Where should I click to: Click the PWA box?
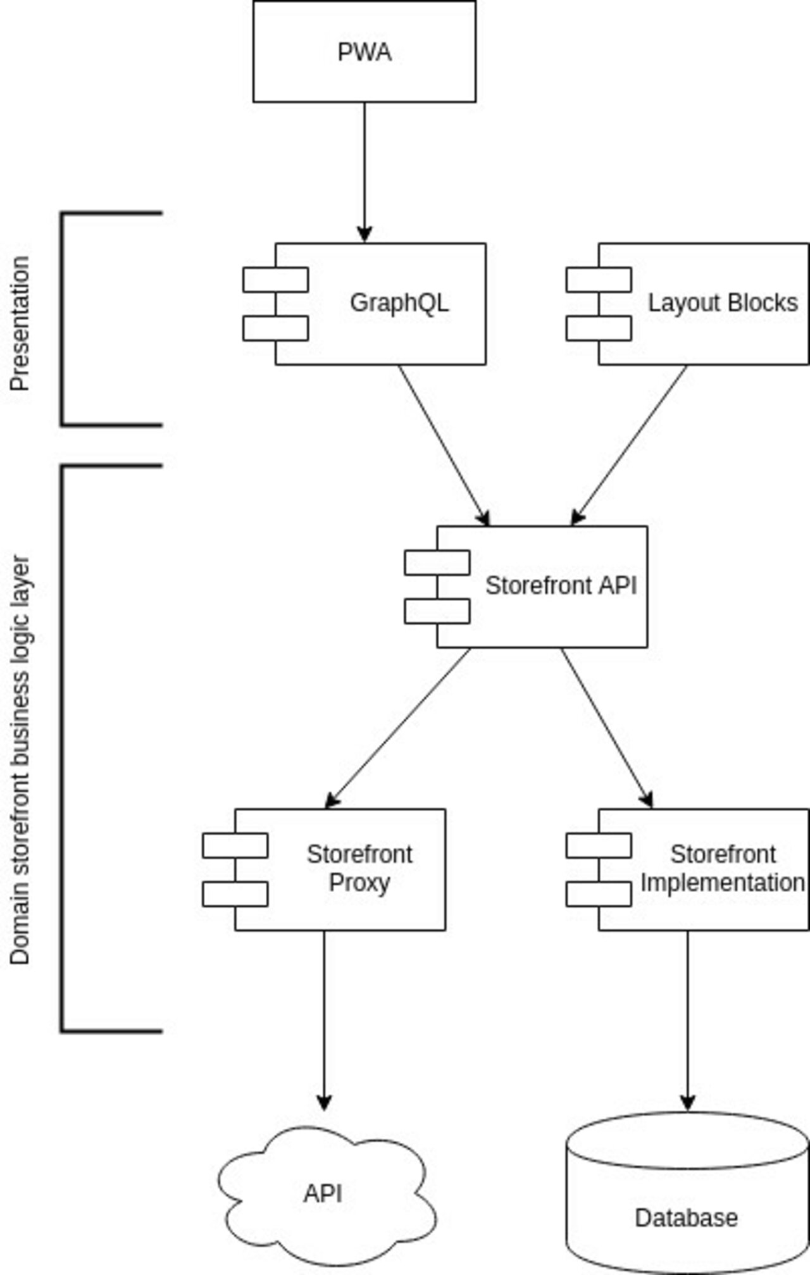pos(364,52)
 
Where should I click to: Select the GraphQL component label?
pos(399,302)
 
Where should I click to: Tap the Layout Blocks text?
pos(722,303)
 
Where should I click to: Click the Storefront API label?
pos(561,585)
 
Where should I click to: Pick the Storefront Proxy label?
pos(359,868)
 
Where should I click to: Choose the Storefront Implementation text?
pos(722,868)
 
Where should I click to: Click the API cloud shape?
pos(324,1193)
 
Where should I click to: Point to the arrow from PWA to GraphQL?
pos(364,171)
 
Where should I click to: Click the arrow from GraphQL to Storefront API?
pos(443,444)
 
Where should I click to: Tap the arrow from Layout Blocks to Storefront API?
pos(630,444)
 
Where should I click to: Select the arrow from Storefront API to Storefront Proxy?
pos(399,728)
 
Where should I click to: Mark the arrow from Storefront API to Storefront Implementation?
pos(606,728)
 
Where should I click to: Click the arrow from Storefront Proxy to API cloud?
pos(324,1019)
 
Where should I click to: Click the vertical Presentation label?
pos(20,323)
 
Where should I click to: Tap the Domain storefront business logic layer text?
pos(20,759)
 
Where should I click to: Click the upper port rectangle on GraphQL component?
pos(275,280)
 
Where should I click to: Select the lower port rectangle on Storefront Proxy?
pos(235,894)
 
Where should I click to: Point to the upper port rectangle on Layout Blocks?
pos(599,280)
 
